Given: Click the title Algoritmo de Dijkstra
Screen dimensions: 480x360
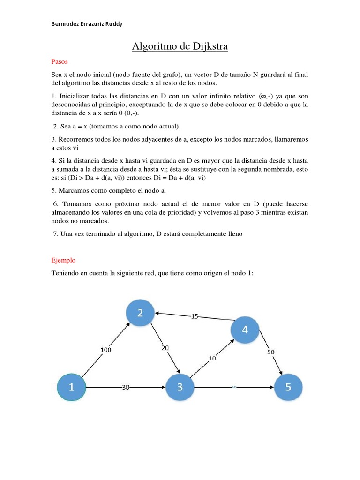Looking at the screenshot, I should [180, 46].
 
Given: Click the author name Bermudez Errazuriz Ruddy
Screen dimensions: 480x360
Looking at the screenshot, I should [87, 24].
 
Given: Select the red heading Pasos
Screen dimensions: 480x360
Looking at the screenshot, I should [60, 61].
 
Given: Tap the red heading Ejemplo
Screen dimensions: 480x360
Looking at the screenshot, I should [63, 260].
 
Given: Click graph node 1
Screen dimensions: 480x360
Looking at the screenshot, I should [71, 387].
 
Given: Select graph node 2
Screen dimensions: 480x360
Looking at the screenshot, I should [140, 313].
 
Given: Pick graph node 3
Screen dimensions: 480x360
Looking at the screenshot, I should [180, 387].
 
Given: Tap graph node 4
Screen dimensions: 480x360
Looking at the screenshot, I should [244, 330].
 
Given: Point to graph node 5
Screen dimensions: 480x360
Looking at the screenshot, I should [288, 387].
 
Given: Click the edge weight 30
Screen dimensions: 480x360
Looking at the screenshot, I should [125, 388].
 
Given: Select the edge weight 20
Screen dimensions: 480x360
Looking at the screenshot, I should [165, 348].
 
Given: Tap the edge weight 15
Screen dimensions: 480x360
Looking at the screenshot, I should [195, 316].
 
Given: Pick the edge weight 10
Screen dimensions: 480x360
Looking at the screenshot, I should [212, 359].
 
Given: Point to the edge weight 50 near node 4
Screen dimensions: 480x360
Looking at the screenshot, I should [271, 352].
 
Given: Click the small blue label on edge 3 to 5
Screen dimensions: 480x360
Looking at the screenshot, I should [234, 388].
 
